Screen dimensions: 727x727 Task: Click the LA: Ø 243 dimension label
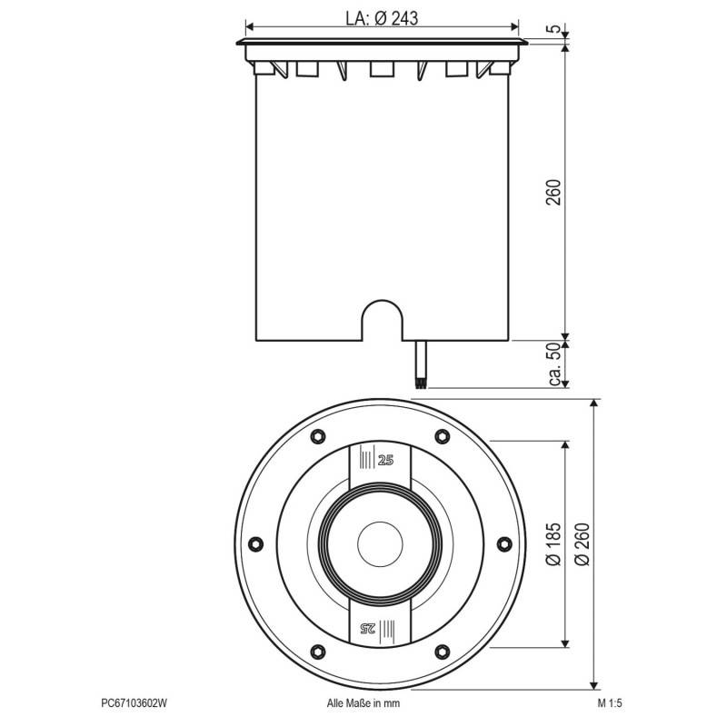[382, 17]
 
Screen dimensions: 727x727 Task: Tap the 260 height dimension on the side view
[553, 192]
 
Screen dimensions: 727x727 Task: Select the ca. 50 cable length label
[553, 364]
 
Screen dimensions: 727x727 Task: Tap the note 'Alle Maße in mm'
[363, 702]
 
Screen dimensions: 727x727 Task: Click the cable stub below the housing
[420, 364]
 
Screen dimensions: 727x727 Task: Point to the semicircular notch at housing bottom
[382, 320]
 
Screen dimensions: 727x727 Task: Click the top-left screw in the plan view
[317, 436]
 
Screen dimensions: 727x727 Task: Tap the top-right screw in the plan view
[443, 436]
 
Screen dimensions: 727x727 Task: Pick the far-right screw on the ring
[504, 543]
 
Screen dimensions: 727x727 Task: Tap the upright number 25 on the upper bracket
[387, 460]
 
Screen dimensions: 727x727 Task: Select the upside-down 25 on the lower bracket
[368, 627]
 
